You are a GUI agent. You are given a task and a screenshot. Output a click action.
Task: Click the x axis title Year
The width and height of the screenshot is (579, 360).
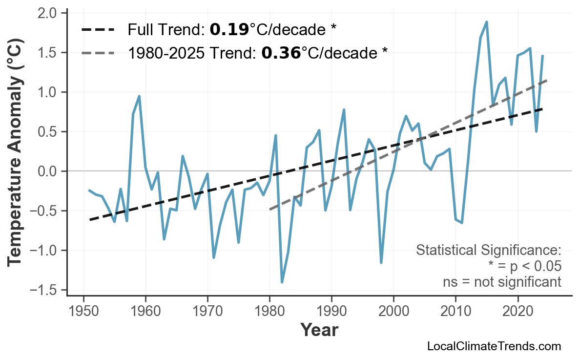[x=319, y=330]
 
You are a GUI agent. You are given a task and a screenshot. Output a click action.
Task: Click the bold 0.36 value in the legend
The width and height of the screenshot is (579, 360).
[x=281, y=53]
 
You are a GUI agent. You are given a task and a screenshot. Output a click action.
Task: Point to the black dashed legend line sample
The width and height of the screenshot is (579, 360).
[x=98, y=30]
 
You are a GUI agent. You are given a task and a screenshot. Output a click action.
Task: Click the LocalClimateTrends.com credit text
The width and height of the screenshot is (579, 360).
[x=494, y=347]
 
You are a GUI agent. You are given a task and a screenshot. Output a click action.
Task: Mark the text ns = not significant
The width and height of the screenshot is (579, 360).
[x=501, y=282]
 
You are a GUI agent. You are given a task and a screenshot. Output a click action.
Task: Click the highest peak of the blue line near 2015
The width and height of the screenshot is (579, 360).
[x=487, y=22]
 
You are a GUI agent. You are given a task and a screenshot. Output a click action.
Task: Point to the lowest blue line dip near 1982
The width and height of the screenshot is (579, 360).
[x=282, y=282]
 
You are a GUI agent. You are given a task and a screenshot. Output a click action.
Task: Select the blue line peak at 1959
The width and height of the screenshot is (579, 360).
[x=139, y=96]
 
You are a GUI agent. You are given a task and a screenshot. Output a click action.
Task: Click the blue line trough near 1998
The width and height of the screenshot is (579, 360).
[x=381, y=262]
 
